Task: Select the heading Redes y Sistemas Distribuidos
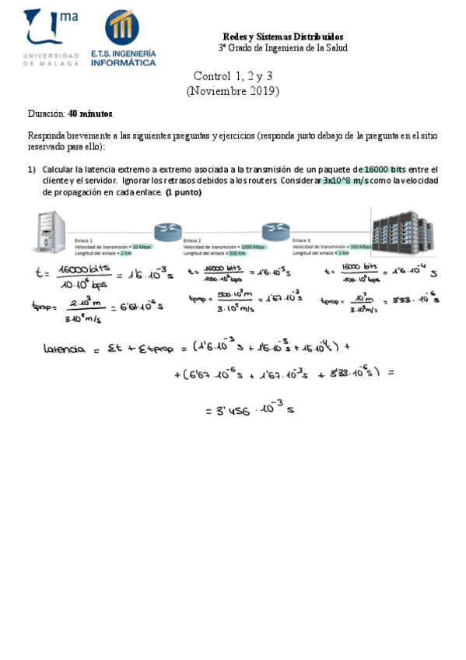pyautogui.click(x=282, y=37)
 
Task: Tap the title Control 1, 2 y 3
pyautogui.click(x=233, y=76)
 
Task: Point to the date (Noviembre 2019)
pyautogui.click(x=233, y=91)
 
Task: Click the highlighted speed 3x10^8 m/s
pyautogui.click(x=345, y=180)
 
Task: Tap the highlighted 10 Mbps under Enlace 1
pyautogui.click(x=142, y=247)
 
